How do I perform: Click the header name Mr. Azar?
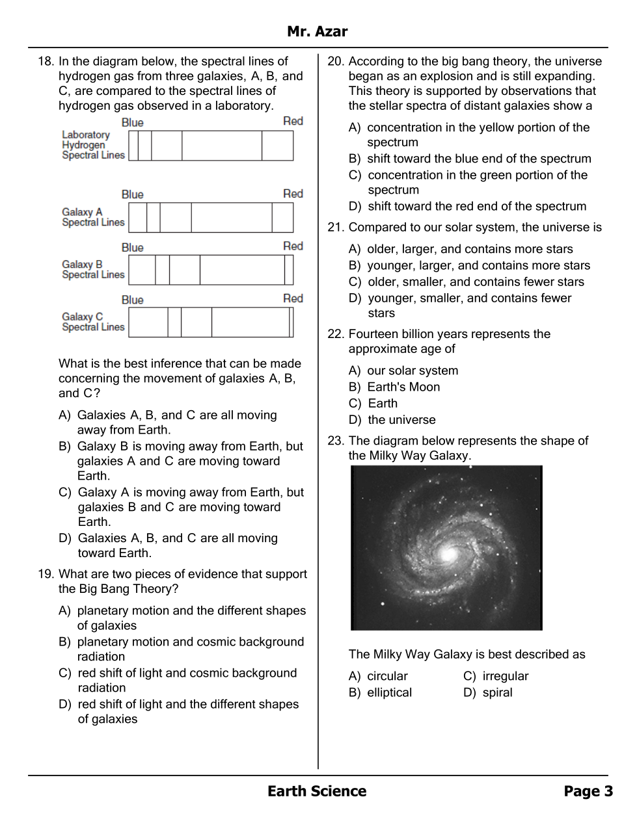point(317,31)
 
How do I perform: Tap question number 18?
point(46,62)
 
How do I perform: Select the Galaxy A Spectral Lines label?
point(93,217)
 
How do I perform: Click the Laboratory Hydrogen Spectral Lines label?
point(93,145)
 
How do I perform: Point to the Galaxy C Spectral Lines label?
point(93,322)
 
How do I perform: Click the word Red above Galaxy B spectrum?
point(293,246)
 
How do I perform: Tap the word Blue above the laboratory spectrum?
point(132,123)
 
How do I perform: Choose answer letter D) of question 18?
point(64,538)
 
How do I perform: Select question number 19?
point(46,574)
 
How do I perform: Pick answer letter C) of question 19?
point(64,673)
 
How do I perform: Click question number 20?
point(335,62)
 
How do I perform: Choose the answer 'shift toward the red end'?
point(477,206)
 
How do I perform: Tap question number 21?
point(335,228)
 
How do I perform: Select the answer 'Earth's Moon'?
point(403,387)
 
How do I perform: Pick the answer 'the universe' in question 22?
point(401,420)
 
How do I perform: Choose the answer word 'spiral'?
point(497,692)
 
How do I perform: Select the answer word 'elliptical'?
point(389,692)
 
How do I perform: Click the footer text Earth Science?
point(317,791)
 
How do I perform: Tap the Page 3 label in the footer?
point(588,791)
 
